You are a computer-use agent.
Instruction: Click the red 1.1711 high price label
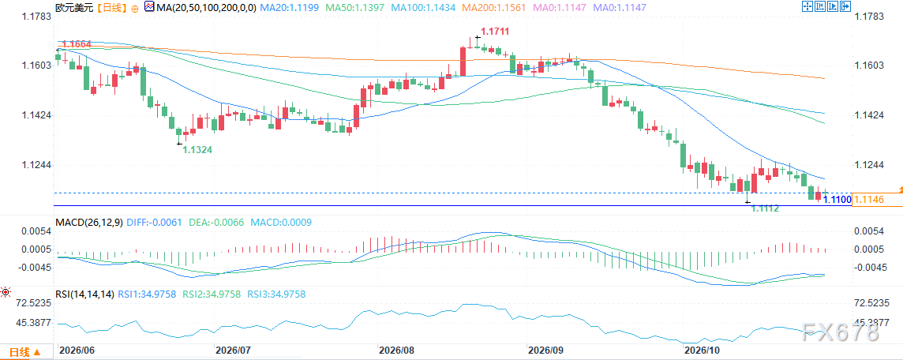point(496,31)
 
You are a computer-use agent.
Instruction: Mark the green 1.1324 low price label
point(198,150)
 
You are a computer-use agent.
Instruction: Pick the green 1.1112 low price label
point(766,208)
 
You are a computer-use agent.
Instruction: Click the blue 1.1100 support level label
point(837,199)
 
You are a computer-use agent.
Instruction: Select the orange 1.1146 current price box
point(876,199)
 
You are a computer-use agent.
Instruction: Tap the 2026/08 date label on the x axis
point(396,350)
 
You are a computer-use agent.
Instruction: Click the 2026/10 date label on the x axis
point(700,350)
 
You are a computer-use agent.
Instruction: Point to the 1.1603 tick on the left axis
point(37,66)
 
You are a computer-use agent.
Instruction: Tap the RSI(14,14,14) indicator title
point(84,294)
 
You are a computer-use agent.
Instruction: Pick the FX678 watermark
point(842,332)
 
